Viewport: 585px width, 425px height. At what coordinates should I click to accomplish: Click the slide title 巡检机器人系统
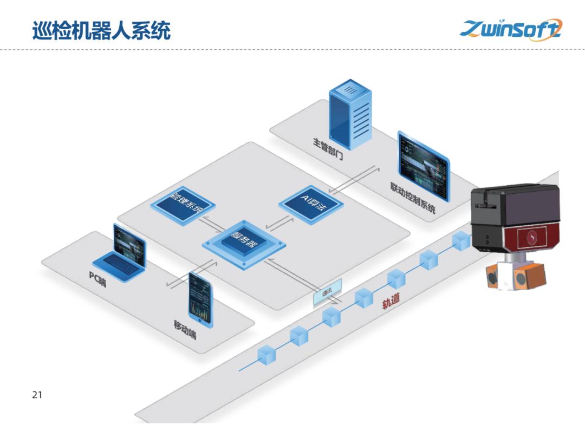click(x=101, y=30)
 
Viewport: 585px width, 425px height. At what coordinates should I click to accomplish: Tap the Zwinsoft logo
click(x=511, y=29)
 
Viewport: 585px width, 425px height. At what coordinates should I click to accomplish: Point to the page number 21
click(x=37, y=395)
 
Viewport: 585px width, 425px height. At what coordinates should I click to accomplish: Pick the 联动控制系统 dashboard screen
click(x=424, y=166)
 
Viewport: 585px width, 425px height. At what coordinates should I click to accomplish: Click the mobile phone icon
click(x=201, y=299)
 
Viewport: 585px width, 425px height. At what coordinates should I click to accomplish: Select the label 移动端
click(x=185, y=329)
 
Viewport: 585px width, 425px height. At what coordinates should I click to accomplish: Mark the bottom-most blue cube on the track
click(x=266, y=355)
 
